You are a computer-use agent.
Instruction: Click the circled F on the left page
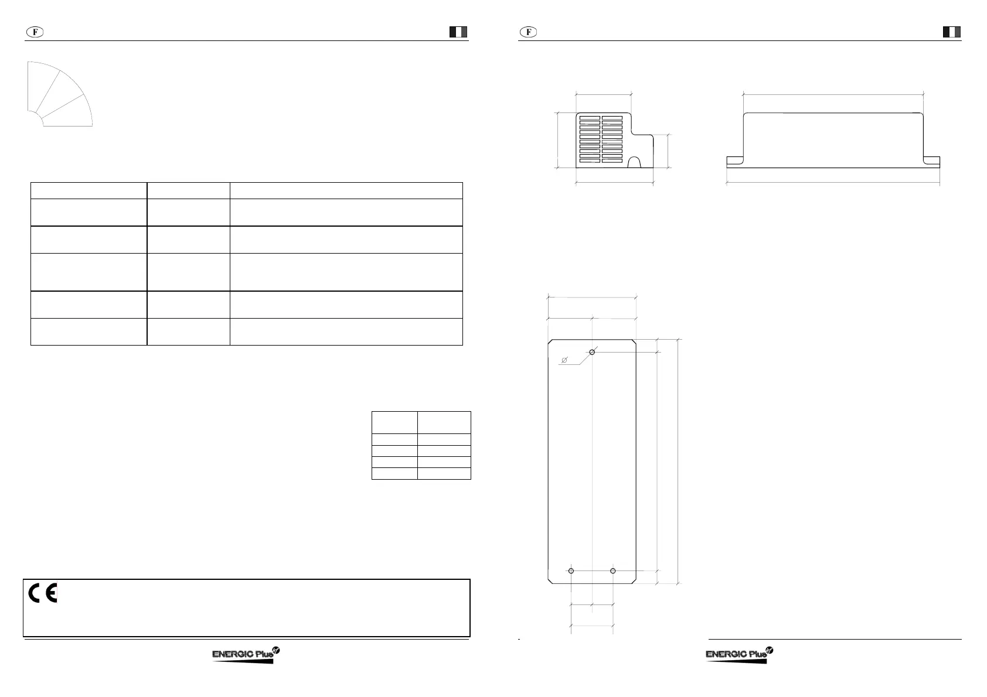tap(35, 32)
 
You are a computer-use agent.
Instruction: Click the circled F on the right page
tap(529, 32)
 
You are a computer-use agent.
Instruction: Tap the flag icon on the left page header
tap(458, 32)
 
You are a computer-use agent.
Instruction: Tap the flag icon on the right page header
tap(952, 32)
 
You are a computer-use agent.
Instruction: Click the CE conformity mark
tap(43, 594)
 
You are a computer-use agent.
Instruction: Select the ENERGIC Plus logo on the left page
tap(246, 655)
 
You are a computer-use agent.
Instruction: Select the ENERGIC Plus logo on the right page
tap(740, 655)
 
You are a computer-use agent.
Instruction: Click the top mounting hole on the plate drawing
tap(593, 352)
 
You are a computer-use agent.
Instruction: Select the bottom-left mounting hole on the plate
tap(571, 570)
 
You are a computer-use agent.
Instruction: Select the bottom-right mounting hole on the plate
tap(613, 570)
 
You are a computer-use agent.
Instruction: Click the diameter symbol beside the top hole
tap(564, 360)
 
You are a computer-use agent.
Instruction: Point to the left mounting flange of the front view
tap(735, 162)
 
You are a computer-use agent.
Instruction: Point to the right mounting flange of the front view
tap(932, 162)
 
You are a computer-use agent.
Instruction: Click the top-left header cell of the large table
tap(89, 190)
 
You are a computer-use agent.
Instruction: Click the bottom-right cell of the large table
tap(346, 332)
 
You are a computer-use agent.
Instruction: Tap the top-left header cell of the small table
tap(394, 422)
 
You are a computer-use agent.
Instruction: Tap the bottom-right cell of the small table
tap(444, 473)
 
